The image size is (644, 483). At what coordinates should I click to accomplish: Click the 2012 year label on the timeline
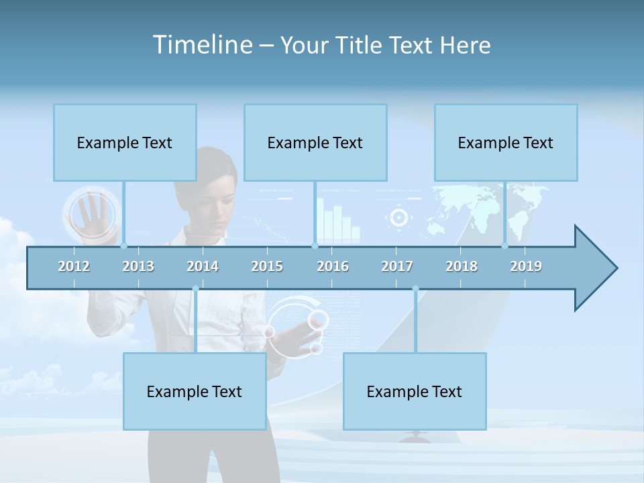tap(74, 266)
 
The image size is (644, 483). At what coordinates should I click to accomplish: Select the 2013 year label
tap(138, 266)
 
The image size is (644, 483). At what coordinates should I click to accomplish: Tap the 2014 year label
tap(203, 266)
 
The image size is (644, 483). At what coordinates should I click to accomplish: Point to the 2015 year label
tap(267, 266)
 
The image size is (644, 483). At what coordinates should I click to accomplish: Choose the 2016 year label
tap(333, 266)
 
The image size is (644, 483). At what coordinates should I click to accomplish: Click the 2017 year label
tap(397, 266)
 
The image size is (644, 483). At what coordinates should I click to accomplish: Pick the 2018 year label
tap(462, 266)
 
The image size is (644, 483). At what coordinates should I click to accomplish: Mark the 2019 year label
tap(526, 266)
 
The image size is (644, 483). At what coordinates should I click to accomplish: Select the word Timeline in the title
tap(201, 45)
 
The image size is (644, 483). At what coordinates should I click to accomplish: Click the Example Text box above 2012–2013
tap(125, 142)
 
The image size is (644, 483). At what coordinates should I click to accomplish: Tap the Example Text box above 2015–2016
tap(315, 142)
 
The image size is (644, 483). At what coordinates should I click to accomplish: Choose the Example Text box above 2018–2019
tap(506, 142)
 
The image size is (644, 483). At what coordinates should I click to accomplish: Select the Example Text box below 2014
tap(195, 391)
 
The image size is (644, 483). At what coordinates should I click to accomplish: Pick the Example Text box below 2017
tap(415, 391)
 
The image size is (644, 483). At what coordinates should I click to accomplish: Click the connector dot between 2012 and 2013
tap(124, 246)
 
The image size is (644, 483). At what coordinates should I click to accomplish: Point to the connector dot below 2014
tap(195, 288)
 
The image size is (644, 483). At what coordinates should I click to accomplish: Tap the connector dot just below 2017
tap(415, 288)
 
